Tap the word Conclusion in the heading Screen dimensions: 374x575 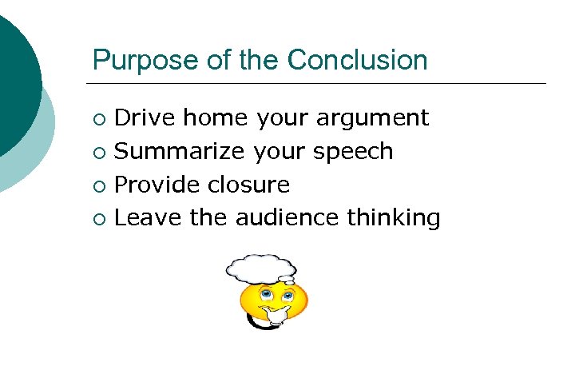357,60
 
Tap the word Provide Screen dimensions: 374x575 157,185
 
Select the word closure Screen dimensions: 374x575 248,185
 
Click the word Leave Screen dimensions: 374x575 149,217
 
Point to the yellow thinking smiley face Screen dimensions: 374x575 274,301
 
